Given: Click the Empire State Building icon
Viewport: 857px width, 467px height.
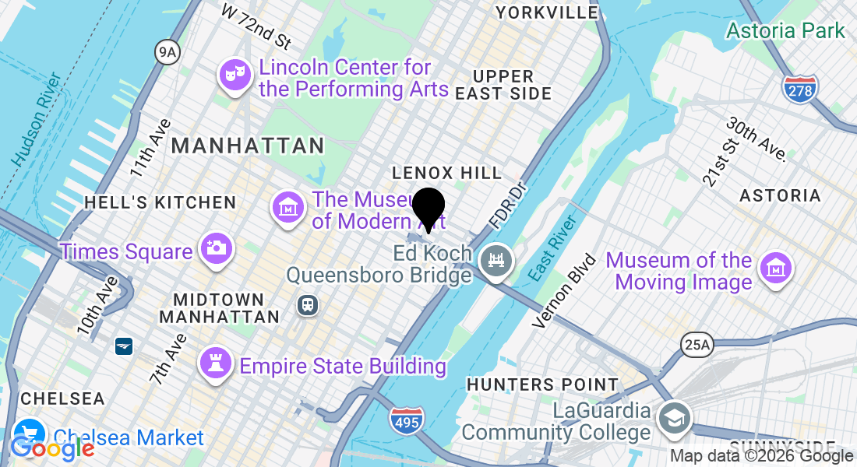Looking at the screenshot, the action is point(215,363).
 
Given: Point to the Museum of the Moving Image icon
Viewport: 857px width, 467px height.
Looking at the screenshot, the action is point(775,269).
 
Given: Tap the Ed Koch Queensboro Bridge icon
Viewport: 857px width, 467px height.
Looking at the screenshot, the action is point(496,258).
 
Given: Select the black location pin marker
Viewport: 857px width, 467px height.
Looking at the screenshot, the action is point(428,208).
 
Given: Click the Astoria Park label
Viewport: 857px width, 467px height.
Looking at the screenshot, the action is point(785,30).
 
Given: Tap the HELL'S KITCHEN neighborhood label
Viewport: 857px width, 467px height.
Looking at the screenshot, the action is point(160,202).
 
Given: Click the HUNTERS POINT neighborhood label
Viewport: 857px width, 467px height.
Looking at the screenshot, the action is point(542,384).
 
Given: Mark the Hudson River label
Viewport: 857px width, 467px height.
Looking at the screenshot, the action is point(37,118).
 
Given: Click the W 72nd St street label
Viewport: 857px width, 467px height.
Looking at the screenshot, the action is point(256,24).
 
